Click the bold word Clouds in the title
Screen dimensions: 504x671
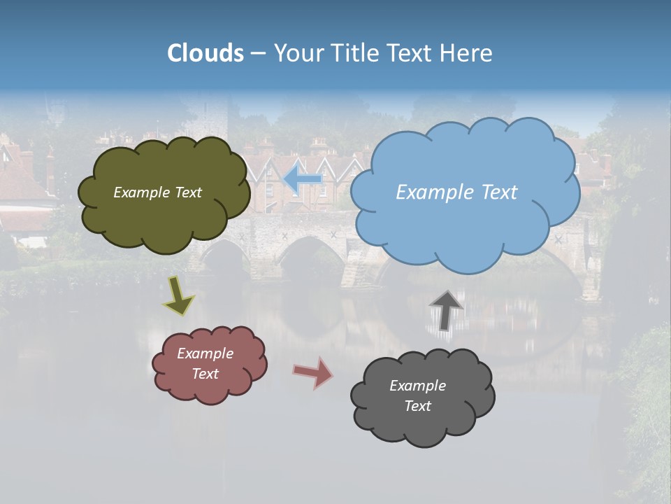[205, 53]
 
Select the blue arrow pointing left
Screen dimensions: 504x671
[303, 179]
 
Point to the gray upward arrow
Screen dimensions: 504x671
[446, 309]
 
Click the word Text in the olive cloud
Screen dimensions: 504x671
[189, 192]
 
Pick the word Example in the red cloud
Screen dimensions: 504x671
[205, 353]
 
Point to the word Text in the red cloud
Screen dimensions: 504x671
[205, 374]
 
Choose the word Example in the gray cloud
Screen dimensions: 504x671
[417, 386]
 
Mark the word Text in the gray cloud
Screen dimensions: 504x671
[417, 406]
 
